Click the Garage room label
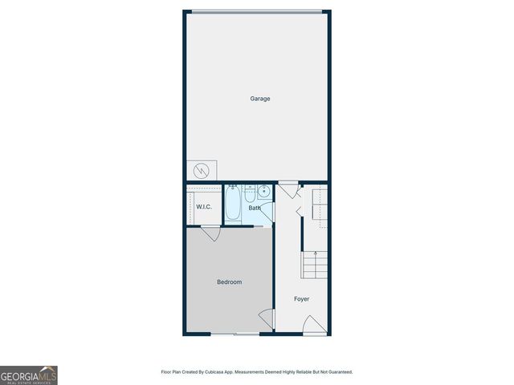click(259, 99)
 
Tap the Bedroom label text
click(229, 282)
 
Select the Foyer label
click(301, 299)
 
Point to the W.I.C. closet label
click(204, 208)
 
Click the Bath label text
click(254, 209)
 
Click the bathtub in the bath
click(233, 204)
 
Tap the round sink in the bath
click(263, 192)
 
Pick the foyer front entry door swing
click(315, 324)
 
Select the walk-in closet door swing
click(211, 233)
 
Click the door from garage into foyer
click(288, 191)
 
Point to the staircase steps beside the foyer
click(316, 265)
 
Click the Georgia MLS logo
click(29, 375)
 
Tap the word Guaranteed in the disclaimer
click(337, 372)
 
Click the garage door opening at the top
click(257, 11)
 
